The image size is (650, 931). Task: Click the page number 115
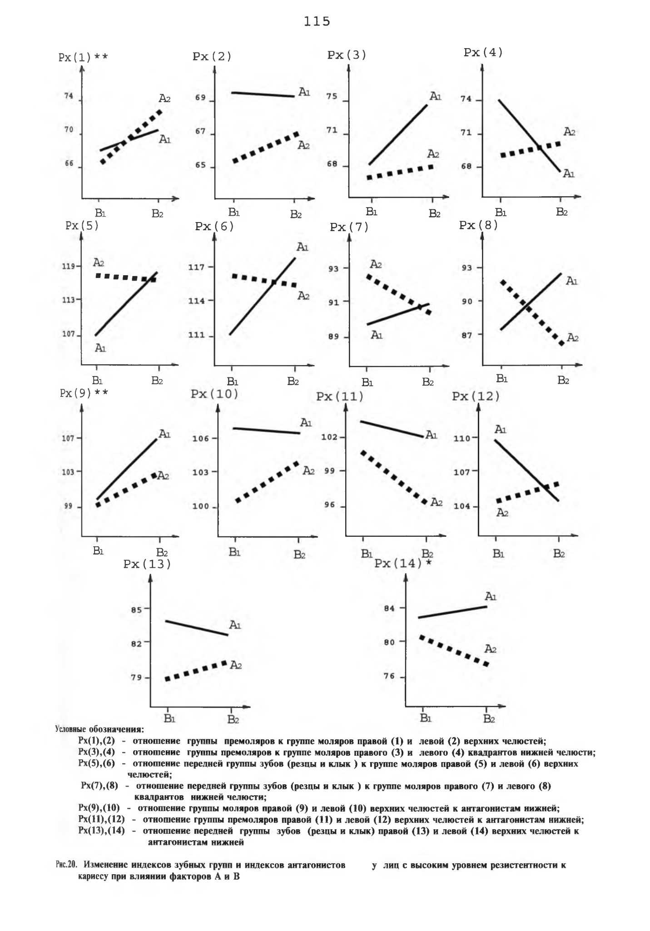coord(317,22)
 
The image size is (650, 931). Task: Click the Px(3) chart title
coord(347,55)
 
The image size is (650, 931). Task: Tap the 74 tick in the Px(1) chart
coord(69,97)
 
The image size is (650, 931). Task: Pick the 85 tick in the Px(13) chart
coord(136,609)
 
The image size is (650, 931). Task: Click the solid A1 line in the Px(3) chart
coord(398,134)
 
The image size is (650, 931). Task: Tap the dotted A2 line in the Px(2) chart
coord(265,147)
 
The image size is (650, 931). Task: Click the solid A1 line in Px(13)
coord(197,628)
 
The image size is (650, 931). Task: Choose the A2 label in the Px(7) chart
coord(376,263)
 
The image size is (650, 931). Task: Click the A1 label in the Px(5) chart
coord(100,348)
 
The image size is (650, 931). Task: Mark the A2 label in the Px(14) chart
coord(490,649)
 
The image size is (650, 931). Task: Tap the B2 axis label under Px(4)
coord(562,212)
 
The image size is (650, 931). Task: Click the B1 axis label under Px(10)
coord(234,552)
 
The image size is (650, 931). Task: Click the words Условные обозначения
coord(99,730)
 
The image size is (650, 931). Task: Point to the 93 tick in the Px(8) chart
coord(467,268)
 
